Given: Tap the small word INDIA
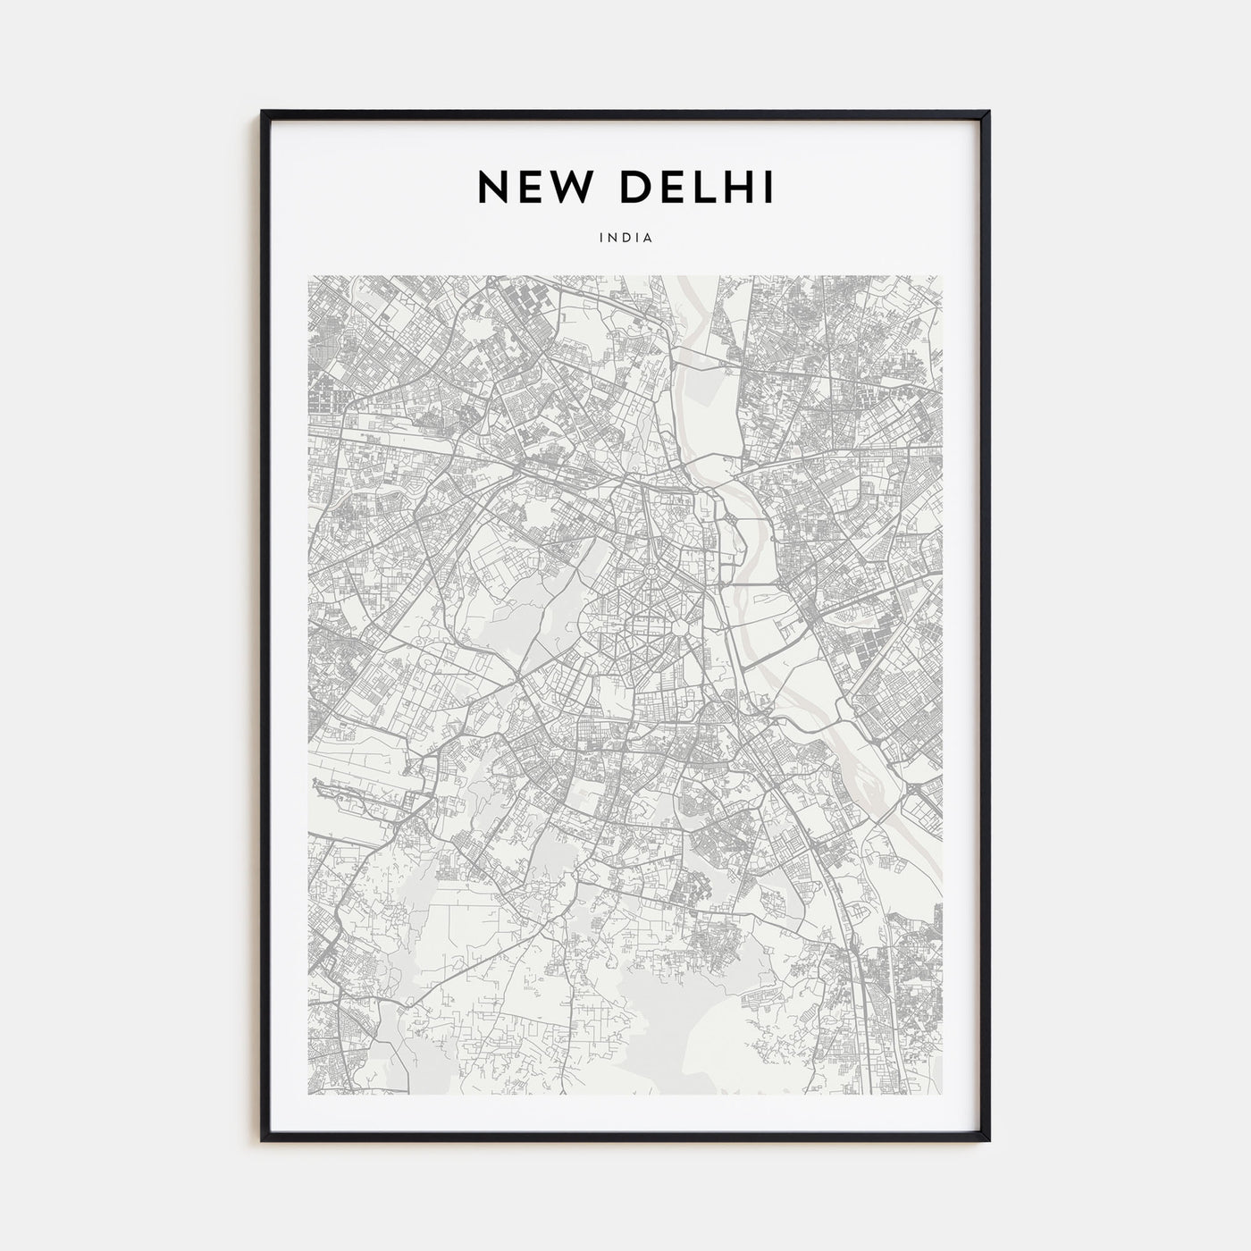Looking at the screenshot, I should click(625, 239).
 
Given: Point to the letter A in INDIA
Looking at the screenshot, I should click(650, 239).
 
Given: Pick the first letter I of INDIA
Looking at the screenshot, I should click(601, 239).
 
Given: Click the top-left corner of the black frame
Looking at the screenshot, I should click(263, 113).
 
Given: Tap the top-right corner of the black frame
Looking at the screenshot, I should click(988, 113).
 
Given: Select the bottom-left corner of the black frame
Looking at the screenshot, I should click(263, 1139).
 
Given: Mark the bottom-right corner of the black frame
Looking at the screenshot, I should click(988, 1139).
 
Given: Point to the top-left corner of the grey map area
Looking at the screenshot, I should click(308, 276).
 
